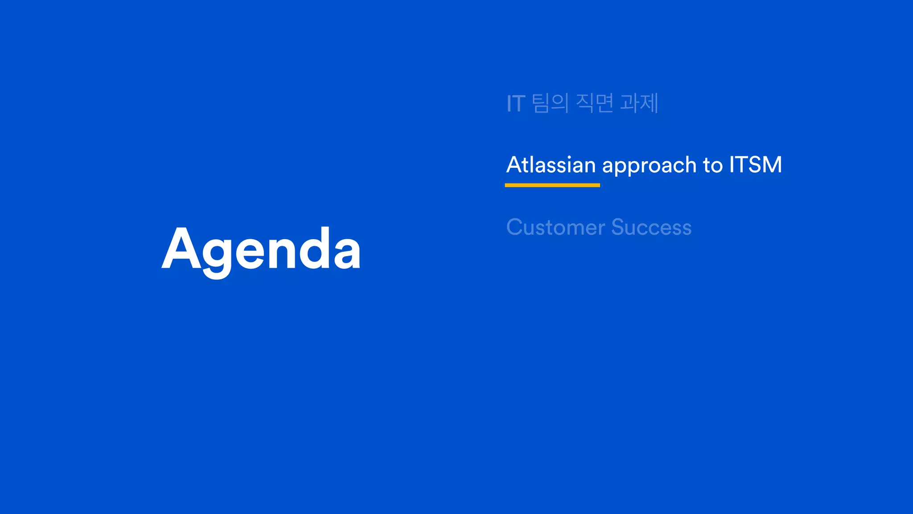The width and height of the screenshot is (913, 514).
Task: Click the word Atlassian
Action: click(551, 165)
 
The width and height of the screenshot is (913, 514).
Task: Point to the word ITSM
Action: click(755, 165)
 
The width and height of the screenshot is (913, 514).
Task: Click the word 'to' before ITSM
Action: click(712, 166)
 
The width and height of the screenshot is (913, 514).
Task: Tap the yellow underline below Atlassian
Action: click(552, 185)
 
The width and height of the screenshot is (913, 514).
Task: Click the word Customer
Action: click(555, 227)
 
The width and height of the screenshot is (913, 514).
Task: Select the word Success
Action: click(651, 227)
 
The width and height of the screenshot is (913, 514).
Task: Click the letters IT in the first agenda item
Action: click(516, 104)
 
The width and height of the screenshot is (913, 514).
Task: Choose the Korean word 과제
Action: click(639, 103)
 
